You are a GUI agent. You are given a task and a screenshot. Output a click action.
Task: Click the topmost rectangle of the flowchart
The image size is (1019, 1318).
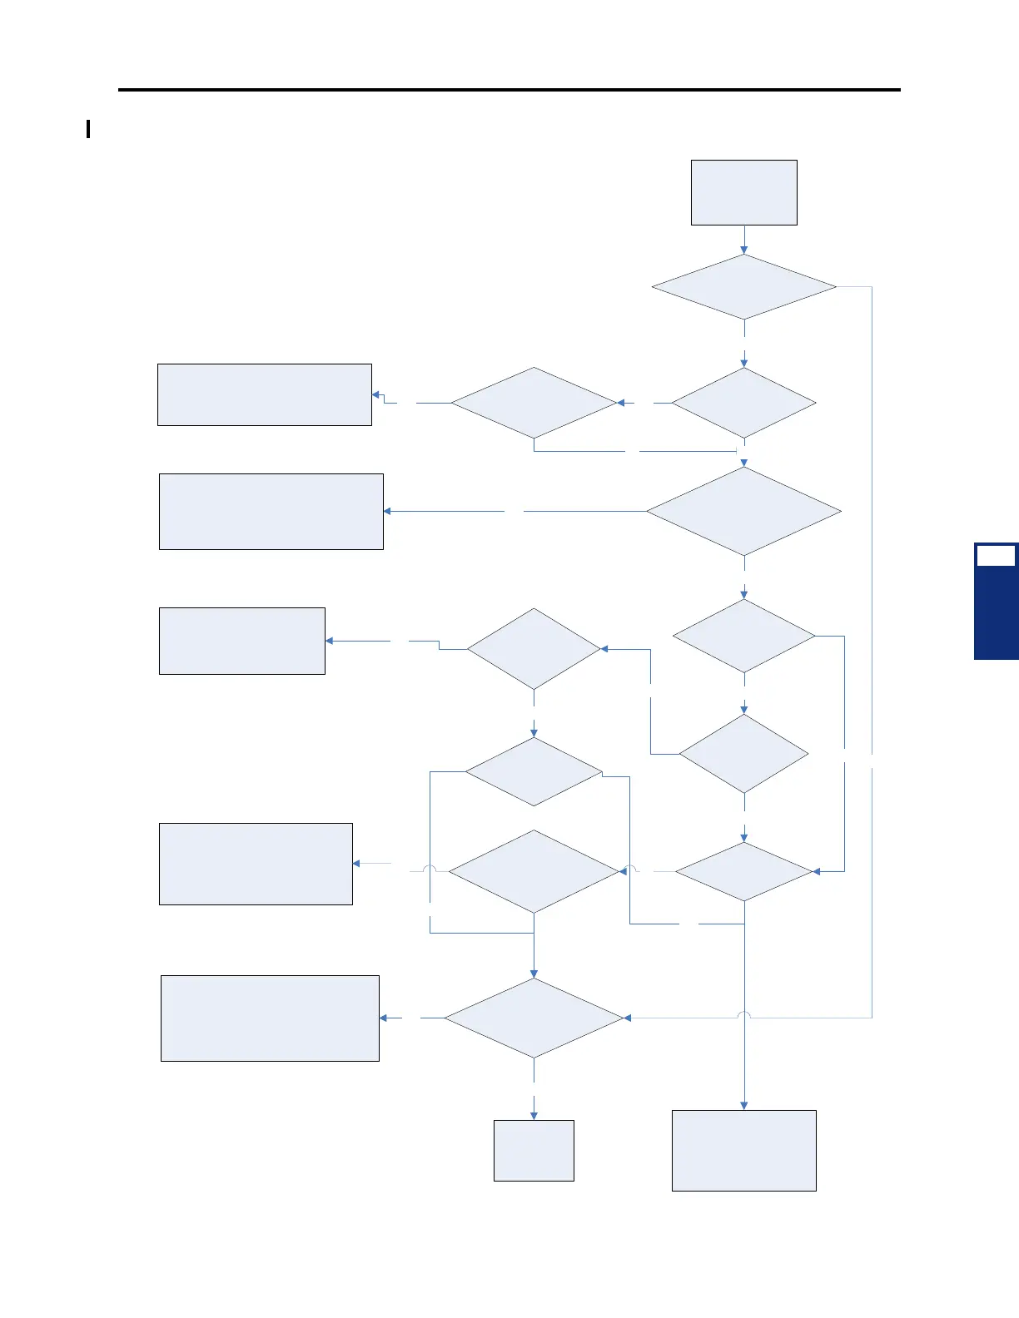(x=743, y=192)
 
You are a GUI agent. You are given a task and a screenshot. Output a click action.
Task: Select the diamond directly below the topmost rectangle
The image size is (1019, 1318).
(x=743, y=287)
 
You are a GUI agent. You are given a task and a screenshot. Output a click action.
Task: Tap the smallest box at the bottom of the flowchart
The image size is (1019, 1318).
(x=534, y=1150)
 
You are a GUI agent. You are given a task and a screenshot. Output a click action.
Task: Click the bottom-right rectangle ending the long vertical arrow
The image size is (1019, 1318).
(x=743, y=1150)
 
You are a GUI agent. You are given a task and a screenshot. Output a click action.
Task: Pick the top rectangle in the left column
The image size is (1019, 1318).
(x=265, y=394)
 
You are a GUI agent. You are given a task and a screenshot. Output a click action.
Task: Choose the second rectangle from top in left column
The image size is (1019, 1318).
(x=271, y=512)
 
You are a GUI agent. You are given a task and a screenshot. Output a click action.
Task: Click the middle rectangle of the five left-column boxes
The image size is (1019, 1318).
(x=242, y=641)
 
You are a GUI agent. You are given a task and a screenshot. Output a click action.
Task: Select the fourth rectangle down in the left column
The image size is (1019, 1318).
(x=256, y=864)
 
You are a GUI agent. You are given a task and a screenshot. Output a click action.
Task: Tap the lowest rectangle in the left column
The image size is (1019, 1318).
(x=270, y=1018)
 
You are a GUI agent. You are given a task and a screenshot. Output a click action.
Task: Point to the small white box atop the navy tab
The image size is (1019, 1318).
(x=996, y=556)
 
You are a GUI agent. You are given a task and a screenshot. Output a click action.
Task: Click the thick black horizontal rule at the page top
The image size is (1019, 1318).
(x=509, y=89)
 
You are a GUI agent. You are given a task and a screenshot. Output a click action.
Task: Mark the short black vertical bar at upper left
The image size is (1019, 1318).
(x=88, y=129)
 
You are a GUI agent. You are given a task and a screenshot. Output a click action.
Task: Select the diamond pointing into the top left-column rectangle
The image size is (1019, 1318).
(x=534, y=403)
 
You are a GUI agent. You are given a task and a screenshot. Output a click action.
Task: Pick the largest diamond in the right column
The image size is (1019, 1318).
(x=743, y=511)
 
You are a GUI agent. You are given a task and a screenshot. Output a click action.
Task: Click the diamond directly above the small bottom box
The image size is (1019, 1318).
(x=534, y=1018)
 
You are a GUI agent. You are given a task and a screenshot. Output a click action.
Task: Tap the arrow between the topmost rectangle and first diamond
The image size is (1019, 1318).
(x=743, y=240)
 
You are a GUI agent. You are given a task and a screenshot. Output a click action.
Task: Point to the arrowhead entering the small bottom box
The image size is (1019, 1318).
(x=534, y=1116)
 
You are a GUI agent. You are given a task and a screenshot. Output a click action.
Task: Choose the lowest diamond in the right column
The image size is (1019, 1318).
(x=743, y=871)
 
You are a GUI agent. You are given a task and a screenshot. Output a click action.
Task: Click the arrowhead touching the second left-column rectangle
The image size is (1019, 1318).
(x=388, y=511)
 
